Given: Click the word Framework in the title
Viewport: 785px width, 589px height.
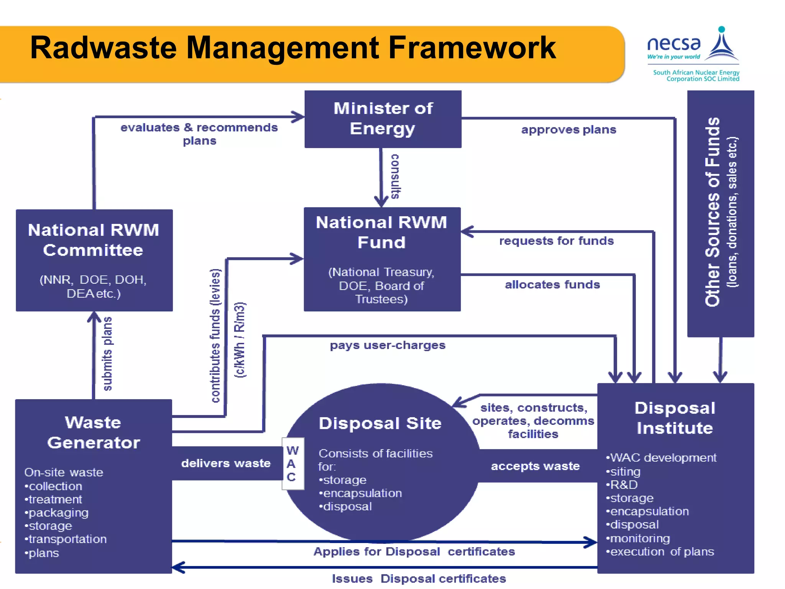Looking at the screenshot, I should coord(472,48).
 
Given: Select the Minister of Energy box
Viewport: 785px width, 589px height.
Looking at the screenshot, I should coord(383,119).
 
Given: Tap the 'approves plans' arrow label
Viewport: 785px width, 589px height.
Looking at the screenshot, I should coord(568,130).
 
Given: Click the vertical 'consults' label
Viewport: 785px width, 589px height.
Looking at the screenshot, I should coord(395,176).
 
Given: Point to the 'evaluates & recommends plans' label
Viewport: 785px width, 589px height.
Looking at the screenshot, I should coord(199,133).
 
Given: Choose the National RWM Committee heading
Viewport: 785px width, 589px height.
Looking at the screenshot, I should coord(94,240).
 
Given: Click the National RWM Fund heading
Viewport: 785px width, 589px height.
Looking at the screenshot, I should coord(382,232).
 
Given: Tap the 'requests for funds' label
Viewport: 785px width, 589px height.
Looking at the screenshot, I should coord(556,241).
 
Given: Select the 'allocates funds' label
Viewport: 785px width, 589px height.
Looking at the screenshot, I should coord(552,285).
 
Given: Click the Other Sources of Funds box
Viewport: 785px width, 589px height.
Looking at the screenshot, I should coord(721,213).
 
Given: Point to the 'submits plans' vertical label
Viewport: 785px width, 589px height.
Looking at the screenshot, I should coord(108,354).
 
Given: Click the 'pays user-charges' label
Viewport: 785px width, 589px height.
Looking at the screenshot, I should coord(388,345).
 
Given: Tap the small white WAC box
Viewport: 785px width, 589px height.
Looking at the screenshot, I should coord(292,463).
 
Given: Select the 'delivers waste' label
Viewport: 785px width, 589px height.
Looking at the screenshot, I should coord(226,463).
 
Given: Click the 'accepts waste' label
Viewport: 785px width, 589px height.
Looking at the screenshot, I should coord(535,466).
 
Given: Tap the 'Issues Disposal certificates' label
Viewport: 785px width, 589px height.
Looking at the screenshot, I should coord(419,578).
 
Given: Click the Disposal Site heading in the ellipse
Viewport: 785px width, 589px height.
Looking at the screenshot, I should coord(380,423).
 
